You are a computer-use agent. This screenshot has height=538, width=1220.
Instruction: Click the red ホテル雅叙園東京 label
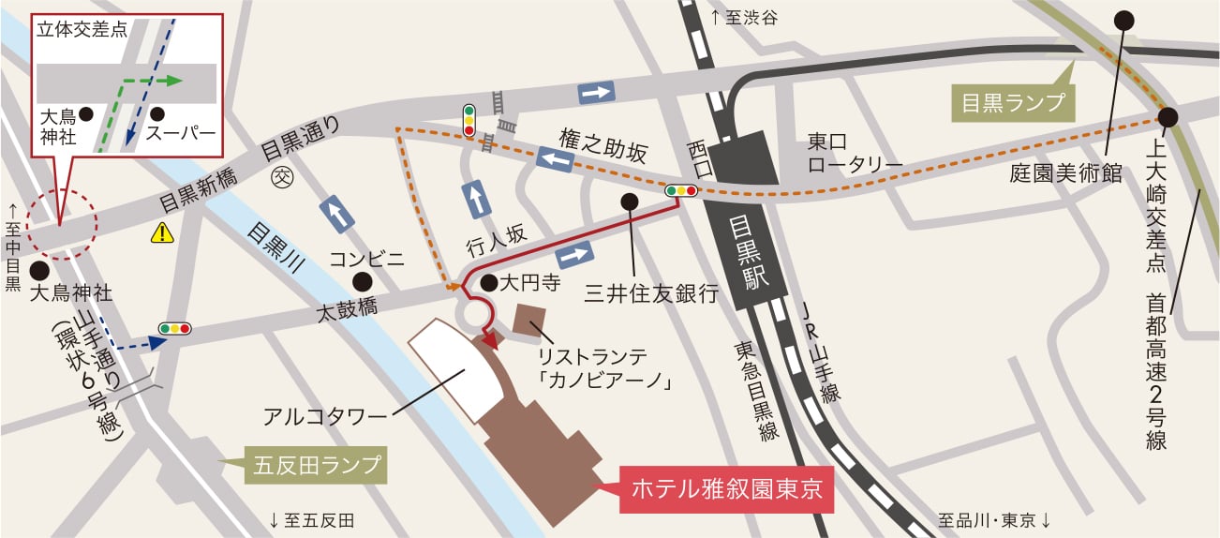tap(726, 487)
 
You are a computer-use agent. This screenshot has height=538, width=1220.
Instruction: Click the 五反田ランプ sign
tap(316, 465)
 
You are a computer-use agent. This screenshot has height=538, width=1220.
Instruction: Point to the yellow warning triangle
tap(163, 232)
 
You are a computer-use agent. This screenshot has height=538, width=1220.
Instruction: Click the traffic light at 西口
tap(681, 190)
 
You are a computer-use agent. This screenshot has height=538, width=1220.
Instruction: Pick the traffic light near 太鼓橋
tap(175, 329)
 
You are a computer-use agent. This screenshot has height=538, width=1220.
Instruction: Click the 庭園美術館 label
tap(1065, 173)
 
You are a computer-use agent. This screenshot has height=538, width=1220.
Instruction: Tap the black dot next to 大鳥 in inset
tap(85, 113)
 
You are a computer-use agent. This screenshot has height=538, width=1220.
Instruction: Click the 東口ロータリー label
tap(855, 154)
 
